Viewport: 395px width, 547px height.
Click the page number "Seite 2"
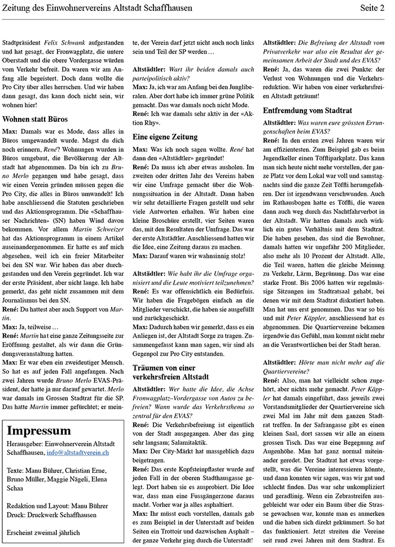tap(373, 8)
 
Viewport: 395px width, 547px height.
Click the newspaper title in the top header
tap(97, 8)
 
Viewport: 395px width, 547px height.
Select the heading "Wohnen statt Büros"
tap(35, 120)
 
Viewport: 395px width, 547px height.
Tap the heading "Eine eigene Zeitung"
tap(165, 137)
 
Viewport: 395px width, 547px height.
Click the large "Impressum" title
tap(39, 430)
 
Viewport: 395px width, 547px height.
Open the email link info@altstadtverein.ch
tap(78, 453)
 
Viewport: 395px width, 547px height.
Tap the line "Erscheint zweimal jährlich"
tap(42, 532)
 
